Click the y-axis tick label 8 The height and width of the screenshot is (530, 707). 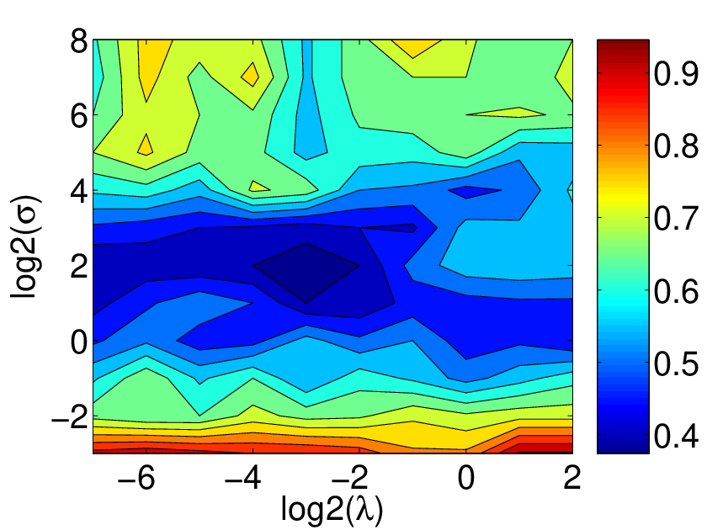pos(79,44)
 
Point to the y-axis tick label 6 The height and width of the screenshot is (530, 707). pos(79,118)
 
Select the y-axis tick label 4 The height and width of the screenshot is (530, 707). pos(79,193)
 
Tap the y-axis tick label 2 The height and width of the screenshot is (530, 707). pos(79,268)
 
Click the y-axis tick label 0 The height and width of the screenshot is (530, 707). pos(79,343)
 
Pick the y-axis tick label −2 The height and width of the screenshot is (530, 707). pos(69,419)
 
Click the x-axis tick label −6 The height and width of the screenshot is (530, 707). pos(136,478)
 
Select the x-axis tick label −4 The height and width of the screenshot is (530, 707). pos(242,478)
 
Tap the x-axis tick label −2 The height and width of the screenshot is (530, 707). pos(349,478)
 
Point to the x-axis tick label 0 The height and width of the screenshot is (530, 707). pos(466,478)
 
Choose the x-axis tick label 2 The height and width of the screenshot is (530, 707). pos(572,478)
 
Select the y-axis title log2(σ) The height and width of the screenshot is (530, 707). pos(24,247)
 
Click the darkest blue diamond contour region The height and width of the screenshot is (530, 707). pos(306,273)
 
